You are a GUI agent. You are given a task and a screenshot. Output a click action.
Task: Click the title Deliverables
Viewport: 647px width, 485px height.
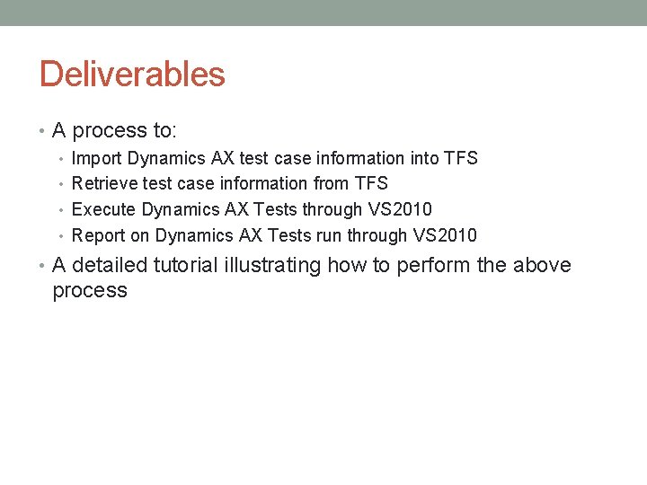(x=132, y=74)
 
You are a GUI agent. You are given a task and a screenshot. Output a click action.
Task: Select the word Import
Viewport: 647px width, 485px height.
(x=97, y=158)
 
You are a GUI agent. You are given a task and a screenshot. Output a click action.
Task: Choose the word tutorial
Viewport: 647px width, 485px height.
(x=184, y=265)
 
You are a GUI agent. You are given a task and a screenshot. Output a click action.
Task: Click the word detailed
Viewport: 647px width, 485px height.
(x=108, y=265)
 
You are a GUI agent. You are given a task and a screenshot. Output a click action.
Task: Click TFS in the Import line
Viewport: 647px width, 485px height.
(x=460, y=158)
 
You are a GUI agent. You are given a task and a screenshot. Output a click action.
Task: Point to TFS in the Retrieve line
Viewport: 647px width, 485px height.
(x=370, y=184)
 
